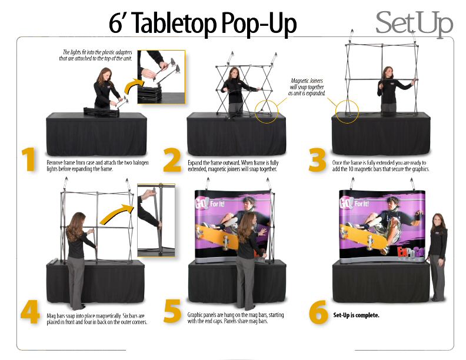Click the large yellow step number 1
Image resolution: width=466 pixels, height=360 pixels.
click(29, 160)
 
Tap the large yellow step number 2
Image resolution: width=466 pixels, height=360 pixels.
click(172, 161)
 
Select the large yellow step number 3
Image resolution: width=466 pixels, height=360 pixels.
click(317, 161)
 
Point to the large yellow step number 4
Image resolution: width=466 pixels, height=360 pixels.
click(30, 312)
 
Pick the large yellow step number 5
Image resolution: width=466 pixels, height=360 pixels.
click(172, 311)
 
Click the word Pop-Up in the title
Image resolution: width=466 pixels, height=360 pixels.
click(259, 24)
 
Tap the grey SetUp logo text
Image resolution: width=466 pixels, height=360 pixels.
click(414, 23)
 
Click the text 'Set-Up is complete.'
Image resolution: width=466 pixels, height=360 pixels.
click(356, 315)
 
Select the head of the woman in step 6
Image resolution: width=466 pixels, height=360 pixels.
click(438, 221)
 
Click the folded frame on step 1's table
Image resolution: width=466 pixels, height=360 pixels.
click(101, 112)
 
